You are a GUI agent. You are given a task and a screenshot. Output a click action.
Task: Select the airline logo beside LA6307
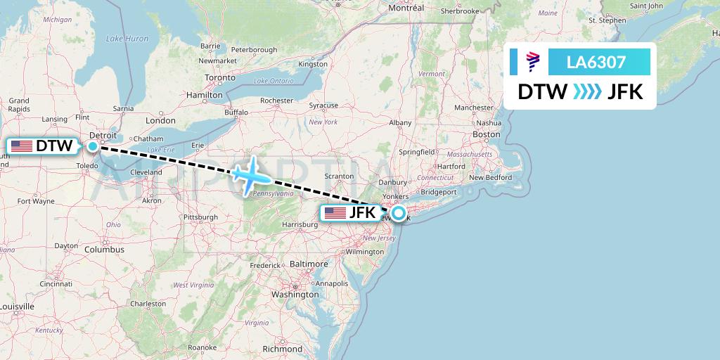pyautogui.click(x=532, y=62)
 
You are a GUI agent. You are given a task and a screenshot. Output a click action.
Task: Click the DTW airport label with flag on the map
pyautogui.click(x=43, y=146)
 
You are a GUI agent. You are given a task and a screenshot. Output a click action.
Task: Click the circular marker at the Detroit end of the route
pyautogui.click(x=93, y=146)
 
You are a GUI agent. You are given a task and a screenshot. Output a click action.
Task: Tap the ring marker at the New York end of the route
pyautogui.click(x=399, y=213)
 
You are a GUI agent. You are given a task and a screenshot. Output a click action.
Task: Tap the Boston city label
pyautogui.click(x=486, y=134)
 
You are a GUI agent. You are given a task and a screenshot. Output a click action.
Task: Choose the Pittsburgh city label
pyautogui.click(x=200, y=217)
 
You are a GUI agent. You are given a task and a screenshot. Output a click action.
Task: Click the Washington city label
pyautogui.click(x=295, y=295)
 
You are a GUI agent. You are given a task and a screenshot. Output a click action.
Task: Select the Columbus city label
pyautogui.click(x=104, y=249)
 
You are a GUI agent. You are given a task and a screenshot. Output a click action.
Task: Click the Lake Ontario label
pyautogui.click(x=274, y=81)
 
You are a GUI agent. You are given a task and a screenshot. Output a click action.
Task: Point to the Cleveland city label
pyautogui.click(x=146, y=172)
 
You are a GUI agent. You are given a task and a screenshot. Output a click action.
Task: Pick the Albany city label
pyautogui.click(x=400, y=122)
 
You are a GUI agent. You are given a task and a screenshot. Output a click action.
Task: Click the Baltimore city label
pyautogui.click(x=309, y=264)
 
